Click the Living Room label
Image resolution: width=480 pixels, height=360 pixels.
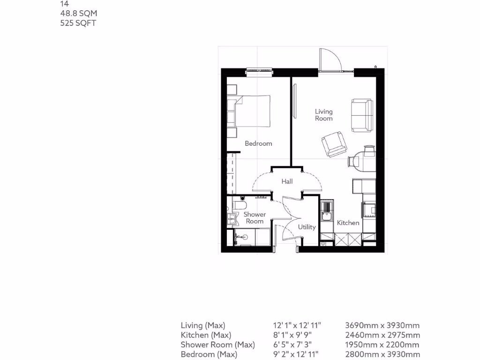click(x=323, y=115)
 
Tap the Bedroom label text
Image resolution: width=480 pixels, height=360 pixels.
click(x=258, y=143)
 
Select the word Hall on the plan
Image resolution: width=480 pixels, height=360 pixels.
click(x=287, y=181)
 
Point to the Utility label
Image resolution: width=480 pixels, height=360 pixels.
click(x=307, y=227)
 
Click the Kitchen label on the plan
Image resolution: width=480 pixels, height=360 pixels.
click(x=348, y=223)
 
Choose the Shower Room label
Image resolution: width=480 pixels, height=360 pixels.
click(x=255, y=217)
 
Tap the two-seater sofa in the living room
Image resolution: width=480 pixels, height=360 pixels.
click(x=362, y=115)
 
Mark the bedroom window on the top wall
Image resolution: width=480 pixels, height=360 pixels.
click(x=259, y=71)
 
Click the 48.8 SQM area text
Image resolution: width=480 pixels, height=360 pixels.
click(x=78, y=13)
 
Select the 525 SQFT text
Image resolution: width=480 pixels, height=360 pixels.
click(x=78, y=23)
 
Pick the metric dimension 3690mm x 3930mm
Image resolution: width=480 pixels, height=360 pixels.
click(x=382, y=325)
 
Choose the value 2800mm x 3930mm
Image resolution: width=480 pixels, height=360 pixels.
click(x=382, y=355)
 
